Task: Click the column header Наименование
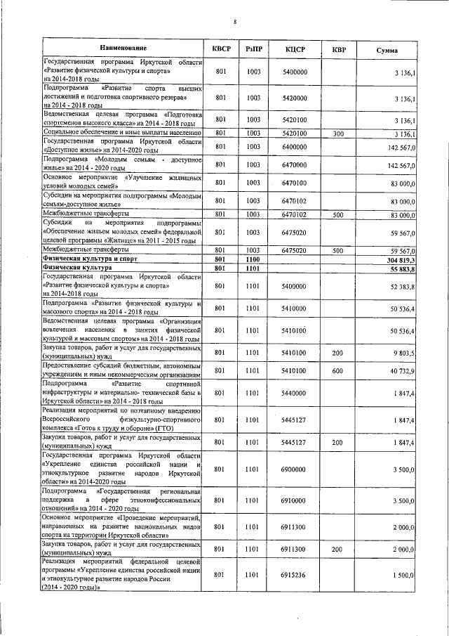(x=123, y=48)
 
